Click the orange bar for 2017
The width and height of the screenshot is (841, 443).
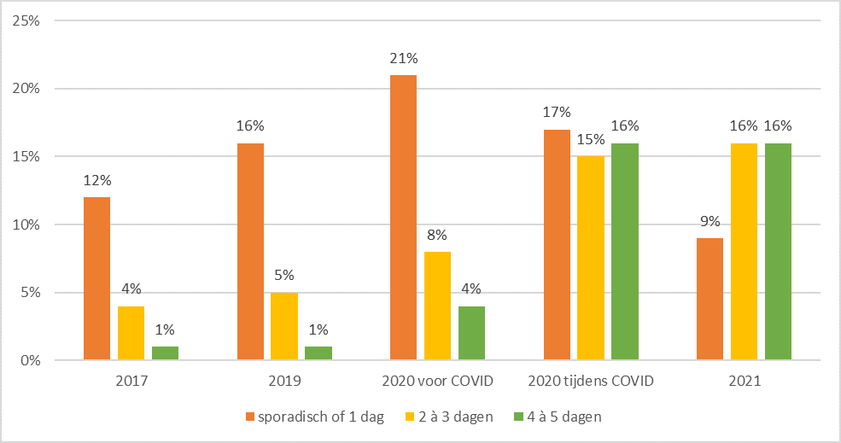tap(96, 279)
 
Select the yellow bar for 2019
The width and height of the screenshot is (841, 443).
tap(284, 327)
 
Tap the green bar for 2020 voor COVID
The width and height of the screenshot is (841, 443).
tap(471, 334)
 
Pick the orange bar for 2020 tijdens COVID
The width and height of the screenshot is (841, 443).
tap(557, 245)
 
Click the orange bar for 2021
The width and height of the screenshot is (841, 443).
tap(710, 300)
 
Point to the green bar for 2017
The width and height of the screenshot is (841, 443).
tap(165, 353)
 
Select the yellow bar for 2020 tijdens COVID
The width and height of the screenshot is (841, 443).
tap(591, 259)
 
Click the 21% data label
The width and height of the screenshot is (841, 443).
tap(403, 59)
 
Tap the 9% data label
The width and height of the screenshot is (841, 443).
tap(710, 222)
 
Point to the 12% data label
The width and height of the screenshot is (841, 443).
tap(96, 181)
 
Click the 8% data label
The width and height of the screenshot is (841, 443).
tap(437, 236)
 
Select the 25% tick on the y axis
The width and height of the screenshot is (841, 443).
tap(26, 20)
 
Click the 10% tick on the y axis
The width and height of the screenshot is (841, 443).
tap(26, 224)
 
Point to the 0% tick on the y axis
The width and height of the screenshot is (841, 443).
tap(29, 361)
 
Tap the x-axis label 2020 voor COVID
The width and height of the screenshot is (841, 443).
tap(437, 382)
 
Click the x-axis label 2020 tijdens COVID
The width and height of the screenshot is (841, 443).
tap(591, 382)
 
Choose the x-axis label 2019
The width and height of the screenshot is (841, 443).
tap(284, 382)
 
